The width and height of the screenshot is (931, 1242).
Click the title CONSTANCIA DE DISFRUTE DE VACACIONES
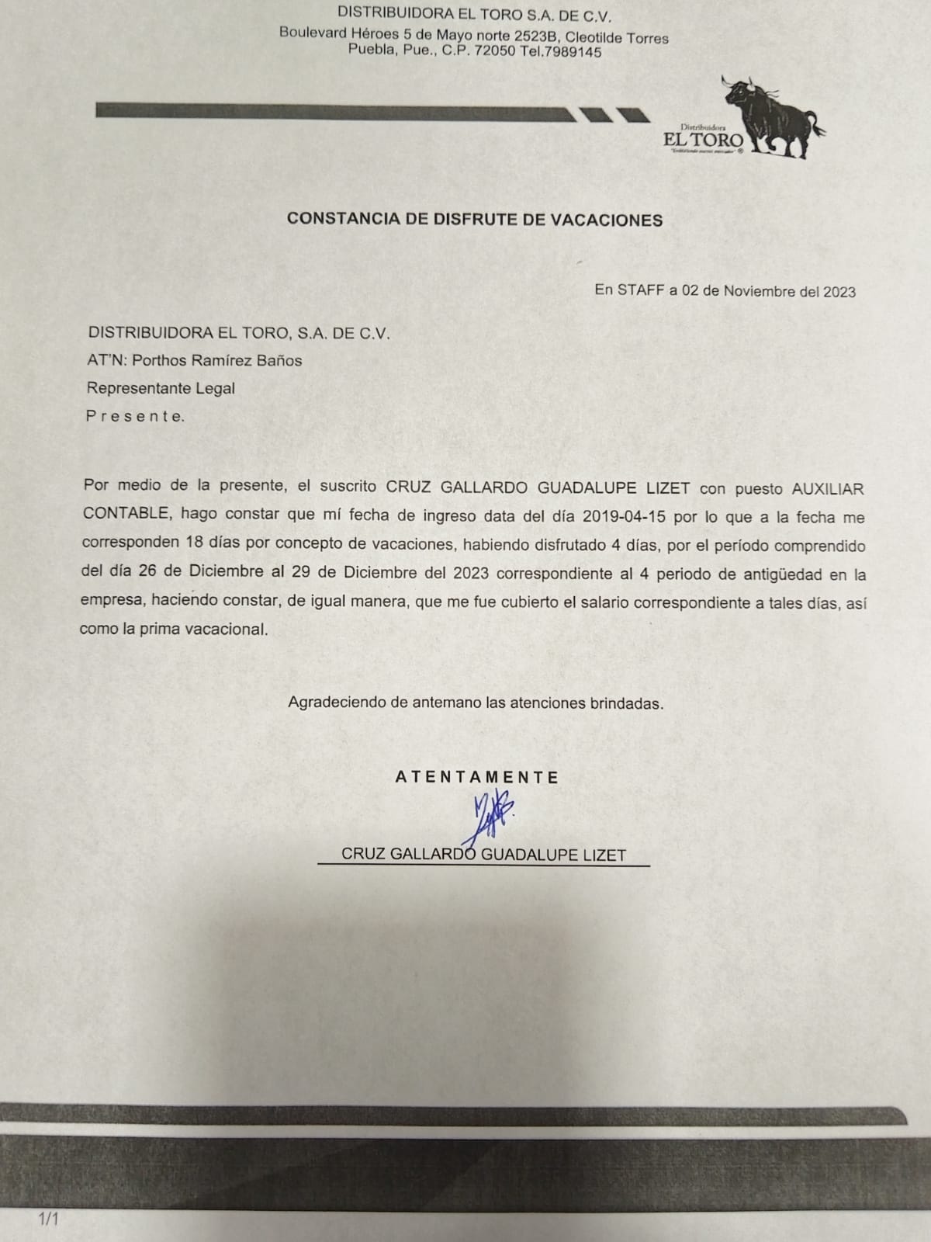point(475,220)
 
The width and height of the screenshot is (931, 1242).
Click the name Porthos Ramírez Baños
point(217,360)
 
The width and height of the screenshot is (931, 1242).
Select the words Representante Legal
point(161,388)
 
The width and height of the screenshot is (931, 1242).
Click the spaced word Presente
point(136,416)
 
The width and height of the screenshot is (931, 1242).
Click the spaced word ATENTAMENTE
point(477,777)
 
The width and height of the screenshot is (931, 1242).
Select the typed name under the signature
point(483,855)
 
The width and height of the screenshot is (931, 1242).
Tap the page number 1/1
point(48,1219)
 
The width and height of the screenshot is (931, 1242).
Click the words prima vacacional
point(203,629)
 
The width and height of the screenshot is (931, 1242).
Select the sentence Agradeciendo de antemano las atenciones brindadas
point(476,703)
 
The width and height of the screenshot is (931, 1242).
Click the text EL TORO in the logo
point(703,141)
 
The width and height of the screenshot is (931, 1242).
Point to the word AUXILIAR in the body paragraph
point(827,489)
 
